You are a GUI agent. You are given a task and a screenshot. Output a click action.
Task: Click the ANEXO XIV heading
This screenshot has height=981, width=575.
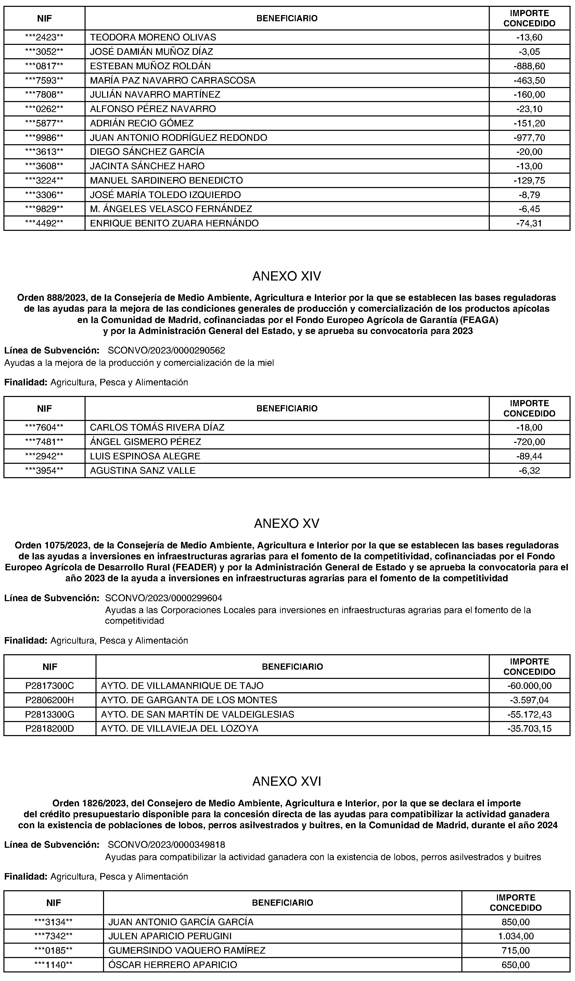coord(287,276)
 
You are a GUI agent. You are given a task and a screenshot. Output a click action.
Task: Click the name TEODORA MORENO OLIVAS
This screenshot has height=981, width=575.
coord(153,37)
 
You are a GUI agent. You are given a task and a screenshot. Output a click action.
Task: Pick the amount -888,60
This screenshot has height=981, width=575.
coord(529,66)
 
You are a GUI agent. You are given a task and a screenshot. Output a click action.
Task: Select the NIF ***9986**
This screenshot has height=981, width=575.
coord(44,138)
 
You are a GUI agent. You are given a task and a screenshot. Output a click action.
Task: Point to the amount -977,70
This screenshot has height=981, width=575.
coord(529,138)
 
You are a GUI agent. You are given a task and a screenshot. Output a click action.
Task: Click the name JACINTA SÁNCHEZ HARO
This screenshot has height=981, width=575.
coord(147,166)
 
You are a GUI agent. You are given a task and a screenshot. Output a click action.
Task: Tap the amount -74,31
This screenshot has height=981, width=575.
coord(529,223)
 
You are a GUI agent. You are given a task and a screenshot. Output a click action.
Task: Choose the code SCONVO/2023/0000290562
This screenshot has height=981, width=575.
coord(166,350)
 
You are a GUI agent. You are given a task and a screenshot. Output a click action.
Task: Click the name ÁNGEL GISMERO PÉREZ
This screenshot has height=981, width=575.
coord(145,442)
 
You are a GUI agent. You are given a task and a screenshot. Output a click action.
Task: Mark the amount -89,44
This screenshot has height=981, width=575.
coord(529,456)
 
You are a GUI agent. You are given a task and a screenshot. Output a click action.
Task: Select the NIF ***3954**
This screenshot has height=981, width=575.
coord(44,471)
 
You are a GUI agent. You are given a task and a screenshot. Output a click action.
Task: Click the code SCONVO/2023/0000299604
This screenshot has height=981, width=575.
coord(164,598)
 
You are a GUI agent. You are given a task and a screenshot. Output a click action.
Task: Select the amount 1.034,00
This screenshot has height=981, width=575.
coord(515,936)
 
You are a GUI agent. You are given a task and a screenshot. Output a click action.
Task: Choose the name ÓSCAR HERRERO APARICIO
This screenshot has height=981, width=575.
coord(173,965)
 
